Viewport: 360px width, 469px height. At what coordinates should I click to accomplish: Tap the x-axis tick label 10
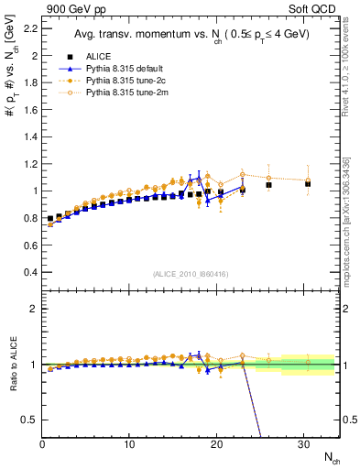pyautogui.click(x=129, y=444)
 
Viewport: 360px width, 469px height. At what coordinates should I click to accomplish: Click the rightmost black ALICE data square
pyautogui.click(x=308, y=183)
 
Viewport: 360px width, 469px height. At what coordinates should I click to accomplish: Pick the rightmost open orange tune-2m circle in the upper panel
pyautogui.click(x=308, y=180)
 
